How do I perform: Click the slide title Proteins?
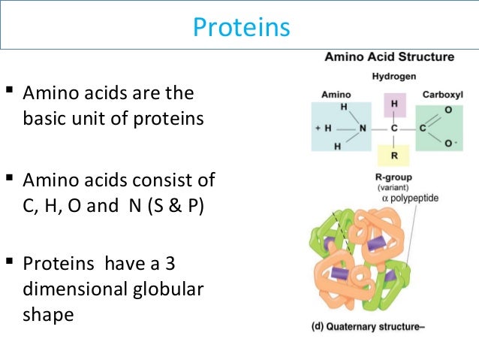(x=240, y=27)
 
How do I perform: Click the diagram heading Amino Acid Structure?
(x=388, y=57)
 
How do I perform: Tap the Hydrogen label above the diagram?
(x=394, y=77)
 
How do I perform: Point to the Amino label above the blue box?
(x=336, y=95)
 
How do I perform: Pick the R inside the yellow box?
(x=394, y=156)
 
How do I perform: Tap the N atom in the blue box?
(x=363, y=129)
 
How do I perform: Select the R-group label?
(x=394, y=177)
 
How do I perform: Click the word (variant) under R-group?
(x=393, y=187)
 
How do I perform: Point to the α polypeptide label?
(x=411, y=198)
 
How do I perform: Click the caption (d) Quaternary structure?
(x=369, y=327)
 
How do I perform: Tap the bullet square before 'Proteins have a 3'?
(x=10, y=262)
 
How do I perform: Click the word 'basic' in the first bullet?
(x=45, y=119)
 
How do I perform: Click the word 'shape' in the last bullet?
(x=48, y=314)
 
